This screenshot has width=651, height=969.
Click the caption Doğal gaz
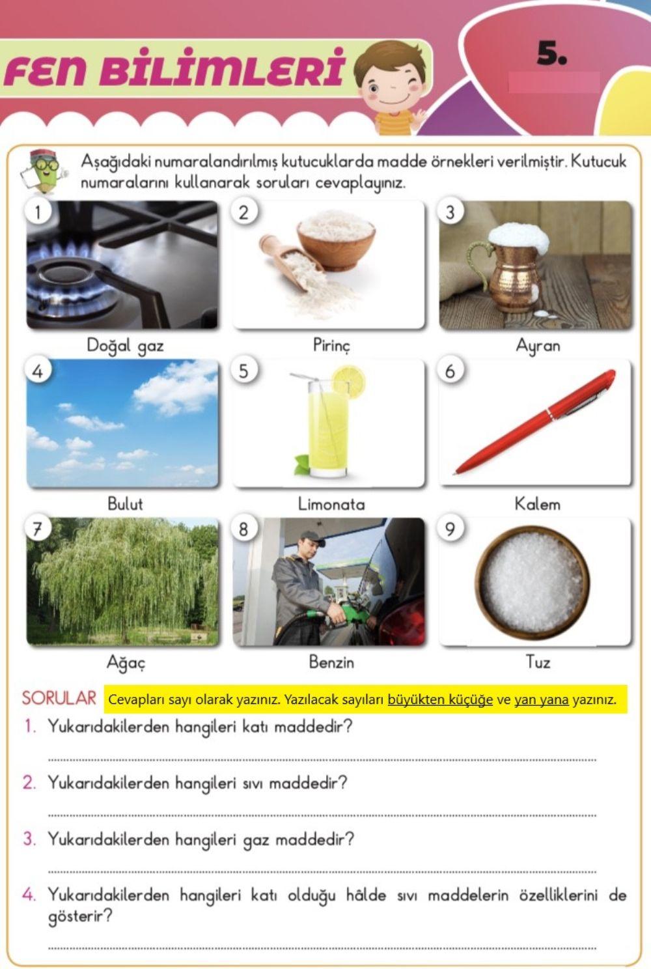[x=124, y=345]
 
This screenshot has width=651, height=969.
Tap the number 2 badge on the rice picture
[x=243, y=212]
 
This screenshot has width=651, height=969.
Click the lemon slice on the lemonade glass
[x=348, y=381]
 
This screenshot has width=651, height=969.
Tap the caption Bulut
[x=124, y=503]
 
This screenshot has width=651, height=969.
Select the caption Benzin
[x=331, y=662]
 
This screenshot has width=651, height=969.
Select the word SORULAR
[x=59, y=698]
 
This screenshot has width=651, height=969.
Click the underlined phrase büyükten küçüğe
[x=439, y=700]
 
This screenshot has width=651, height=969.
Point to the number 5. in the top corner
[x=551, y=54]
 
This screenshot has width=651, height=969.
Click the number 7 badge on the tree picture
[x=37, y=529]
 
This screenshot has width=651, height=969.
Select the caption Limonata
[x=331, y=503]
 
